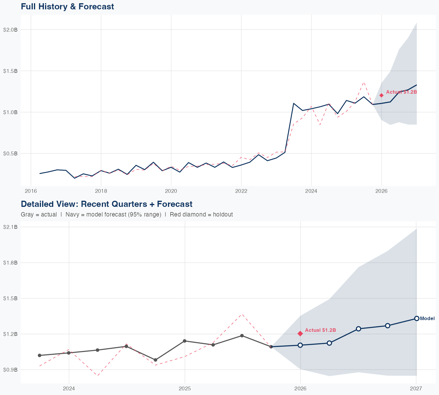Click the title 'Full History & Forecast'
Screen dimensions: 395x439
[x=67, y=6]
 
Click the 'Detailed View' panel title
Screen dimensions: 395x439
[x=107, y=204]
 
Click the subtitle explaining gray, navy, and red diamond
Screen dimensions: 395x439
[x=127, y=214]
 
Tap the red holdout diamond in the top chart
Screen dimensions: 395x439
[x=381, y=95]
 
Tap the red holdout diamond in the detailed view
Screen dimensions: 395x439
[x=300, y=334]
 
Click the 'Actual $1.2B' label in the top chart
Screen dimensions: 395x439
[x=401, y=92]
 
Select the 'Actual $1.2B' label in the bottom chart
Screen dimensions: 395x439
[x=320, y=330]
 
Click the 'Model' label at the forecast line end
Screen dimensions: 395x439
[x=427, y=319]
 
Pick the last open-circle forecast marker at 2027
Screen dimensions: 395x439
[x=416, y=318]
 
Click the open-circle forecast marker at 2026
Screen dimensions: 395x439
[x=300, y=345]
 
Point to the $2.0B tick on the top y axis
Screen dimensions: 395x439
[x=10, y=30]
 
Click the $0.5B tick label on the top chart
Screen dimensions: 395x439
[x=10, y=153]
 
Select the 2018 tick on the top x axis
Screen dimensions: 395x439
[x=101, y=191]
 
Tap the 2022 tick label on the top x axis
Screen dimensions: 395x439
[x=241, y=191]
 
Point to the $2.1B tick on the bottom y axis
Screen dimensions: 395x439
[x=10, y=227]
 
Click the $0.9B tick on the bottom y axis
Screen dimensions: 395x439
[x=10, y=370]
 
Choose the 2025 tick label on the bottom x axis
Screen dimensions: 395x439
[x=185, y=389]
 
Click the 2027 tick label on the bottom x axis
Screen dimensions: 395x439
[x=416, y=389]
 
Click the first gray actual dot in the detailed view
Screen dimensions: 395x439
[x=40, y=355]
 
